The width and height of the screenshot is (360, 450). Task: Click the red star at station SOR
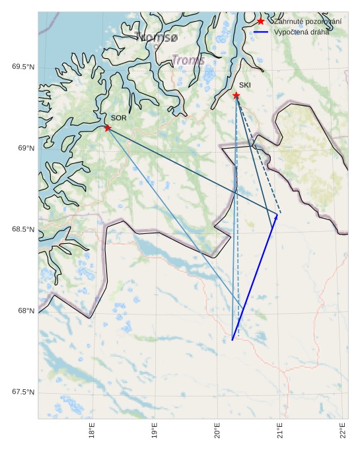(107, 128)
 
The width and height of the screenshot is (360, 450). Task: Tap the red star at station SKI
(236, 95)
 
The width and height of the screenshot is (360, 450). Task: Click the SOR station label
(118, 118)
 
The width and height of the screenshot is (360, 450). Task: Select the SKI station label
(245, 85)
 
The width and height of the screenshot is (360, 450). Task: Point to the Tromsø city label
(156, 38)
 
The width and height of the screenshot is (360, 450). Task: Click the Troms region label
(188, 60)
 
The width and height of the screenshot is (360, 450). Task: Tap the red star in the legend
(261, 22)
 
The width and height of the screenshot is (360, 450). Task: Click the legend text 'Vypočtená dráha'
(301, 32)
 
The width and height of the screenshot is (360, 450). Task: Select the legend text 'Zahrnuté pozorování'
(308, 22)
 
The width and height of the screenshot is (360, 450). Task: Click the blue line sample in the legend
(261, 32)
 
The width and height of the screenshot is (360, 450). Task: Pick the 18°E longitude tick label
(92, 431)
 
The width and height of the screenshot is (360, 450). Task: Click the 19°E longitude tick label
(155, 431)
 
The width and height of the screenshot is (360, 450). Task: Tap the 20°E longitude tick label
(217, 431)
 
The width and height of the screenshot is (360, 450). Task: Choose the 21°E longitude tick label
(280, 431)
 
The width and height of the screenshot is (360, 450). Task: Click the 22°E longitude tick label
(343, 431)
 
